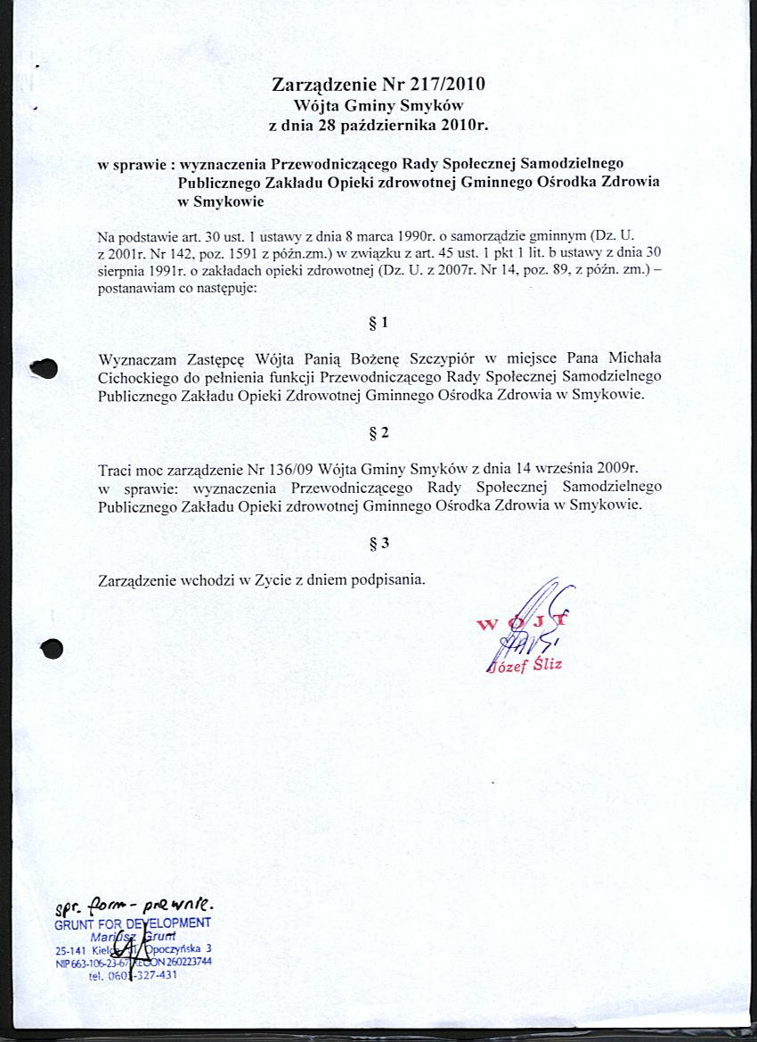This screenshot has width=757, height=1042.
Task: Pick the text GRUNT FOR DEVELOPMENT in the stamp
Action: click(133, 923)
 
